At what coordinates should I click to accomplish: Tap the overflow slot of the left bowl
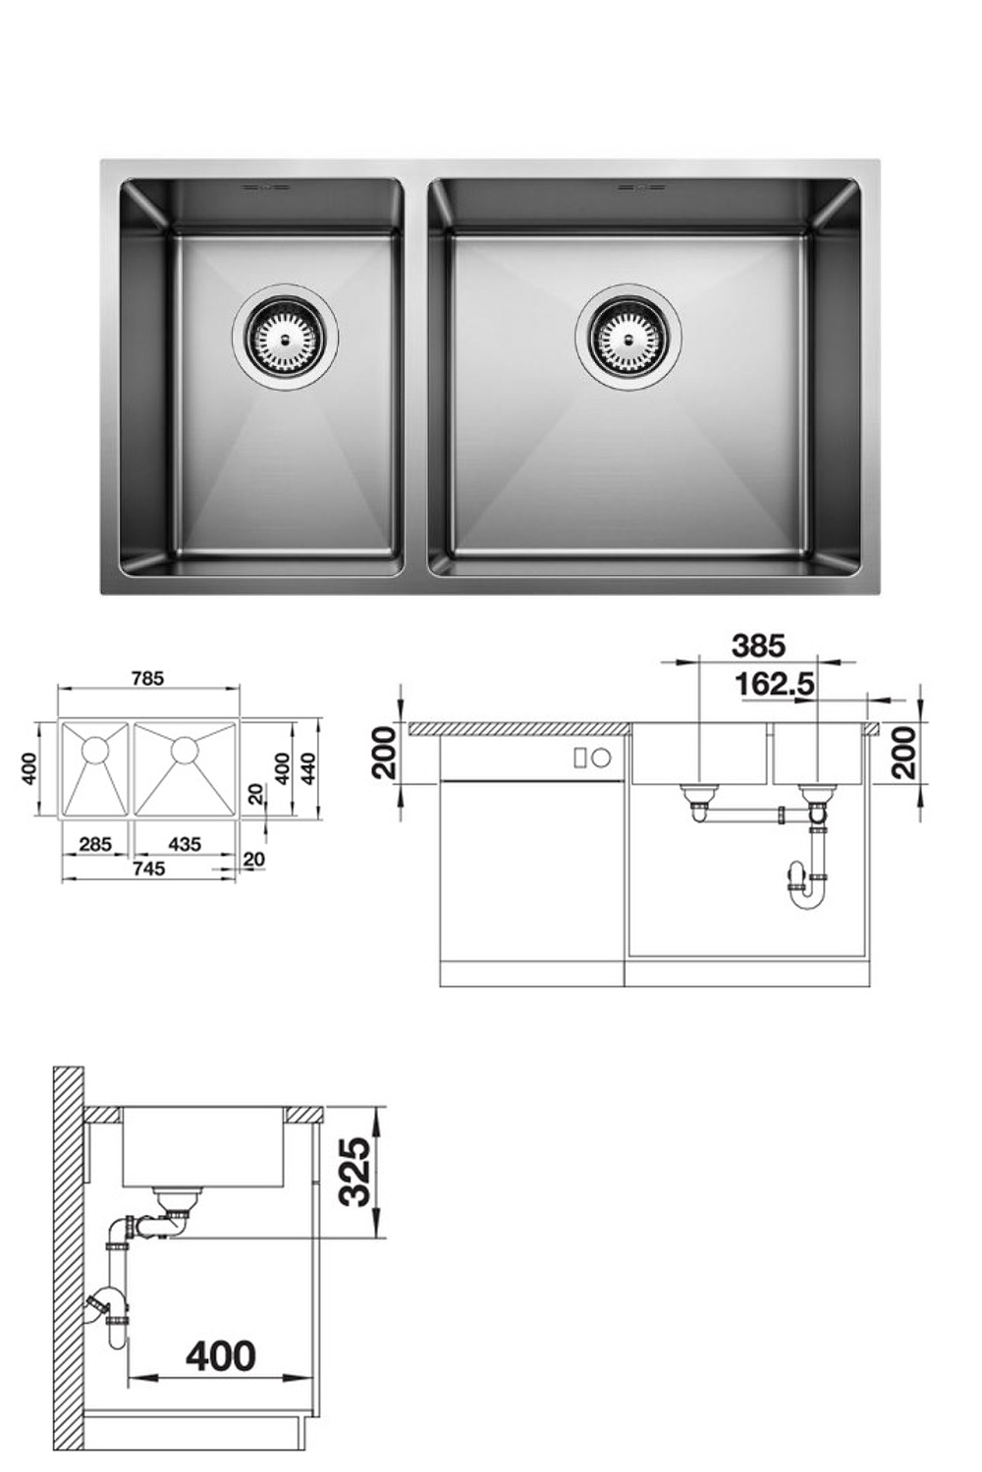[264, 185]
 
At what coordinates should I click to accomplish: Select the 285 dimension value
[95, 843]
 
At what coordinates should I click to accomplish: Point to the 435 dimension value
[184, 843]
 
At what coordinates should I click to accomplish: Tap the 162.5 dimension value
[775, 684]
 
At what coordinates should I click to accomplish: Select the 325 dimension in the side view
[354, 1171]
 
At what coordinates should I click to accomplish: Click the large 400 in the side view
[221, 1356]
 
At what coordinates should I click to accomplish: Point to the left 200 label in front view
[384, 753]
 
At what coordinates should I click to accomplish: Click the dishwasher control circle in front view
[602, 758]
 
